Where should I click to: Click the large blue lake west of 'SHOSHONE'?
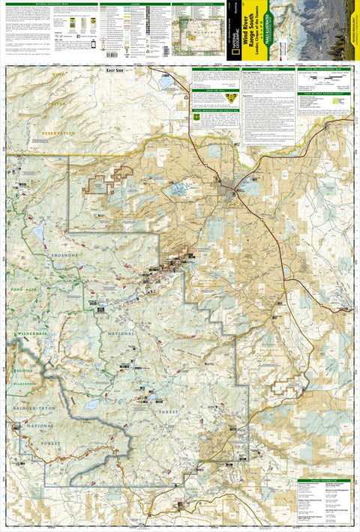point(38,233)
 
